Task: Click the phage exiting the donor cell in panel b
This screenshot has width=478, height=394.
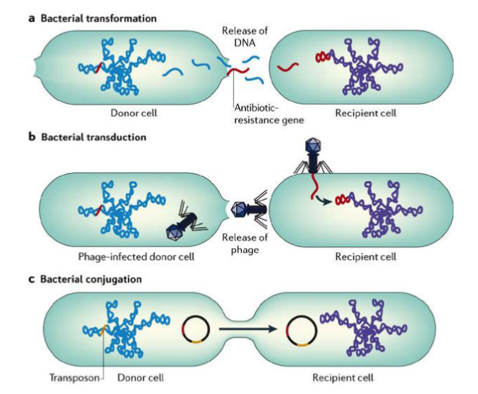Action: (x=248, y=209)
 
